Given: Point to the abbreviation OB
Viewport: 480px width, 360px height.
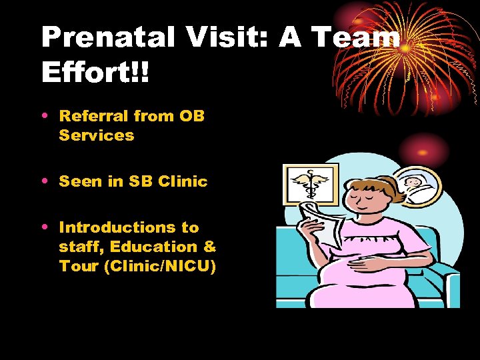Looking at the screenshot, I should click(x=192, y=116).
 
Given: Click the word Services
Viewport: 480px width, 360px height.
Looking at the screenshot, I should click(x=97, y=135).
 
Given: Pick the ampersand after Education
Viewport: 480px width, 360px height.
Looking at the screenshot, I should click(x=210, y=247).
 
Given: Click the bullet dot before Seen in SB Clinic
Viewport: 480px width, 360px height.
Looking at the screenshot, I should click(x=45, y=181).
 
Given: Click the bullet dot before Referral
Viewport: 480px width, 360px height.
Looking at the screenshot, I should click(x=45, y=116).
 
